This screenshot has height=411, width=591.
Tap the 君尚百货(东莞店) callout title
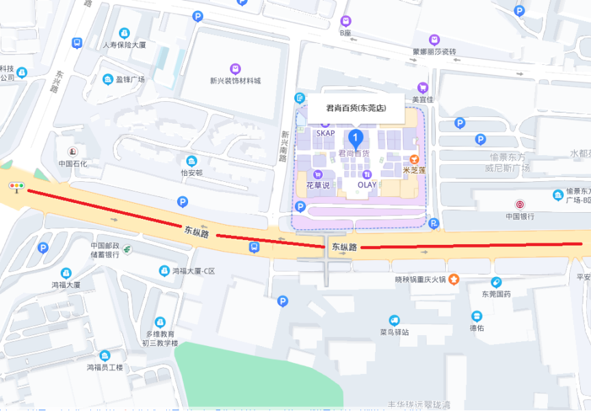pyautogui.click(x=356, y=107)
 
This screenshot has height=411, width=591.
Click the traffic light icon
pyautogui.click(x=16, y=187)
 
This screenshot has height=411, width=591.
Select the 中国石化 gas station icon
pyautogui.click(x=72, y=151)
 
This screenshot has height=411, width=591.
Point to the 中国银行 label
pyautogui.click(x=520, y=216)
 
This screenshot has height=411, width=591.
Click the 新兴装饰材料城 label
pyautogui.click(x=235, y=81)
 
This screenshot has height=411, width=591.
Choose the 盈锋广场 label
pyautogui.click(x=130, y=79)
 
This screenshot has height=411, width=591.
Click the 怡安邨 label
pyautogui.click(x=192, y=173)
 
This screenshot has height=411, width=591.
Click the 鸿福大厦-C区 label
pyautogui.click(x=194, y=271)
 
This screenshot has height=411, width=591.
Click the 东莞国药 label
pyautogui.click(x=496, y=294)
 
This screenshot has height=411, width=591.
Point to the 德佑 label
pyautogui.click(x=477, y=328)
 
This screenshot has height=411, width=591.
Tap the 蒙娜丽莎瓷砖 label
pyautogui.click(x=434, y=51)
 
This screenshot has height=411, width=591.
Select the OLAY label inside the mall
pyautogui.click(x=367, y=185)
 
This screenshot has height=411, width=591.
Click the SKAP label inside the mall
pyautogui.click(x=326, y=133)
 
